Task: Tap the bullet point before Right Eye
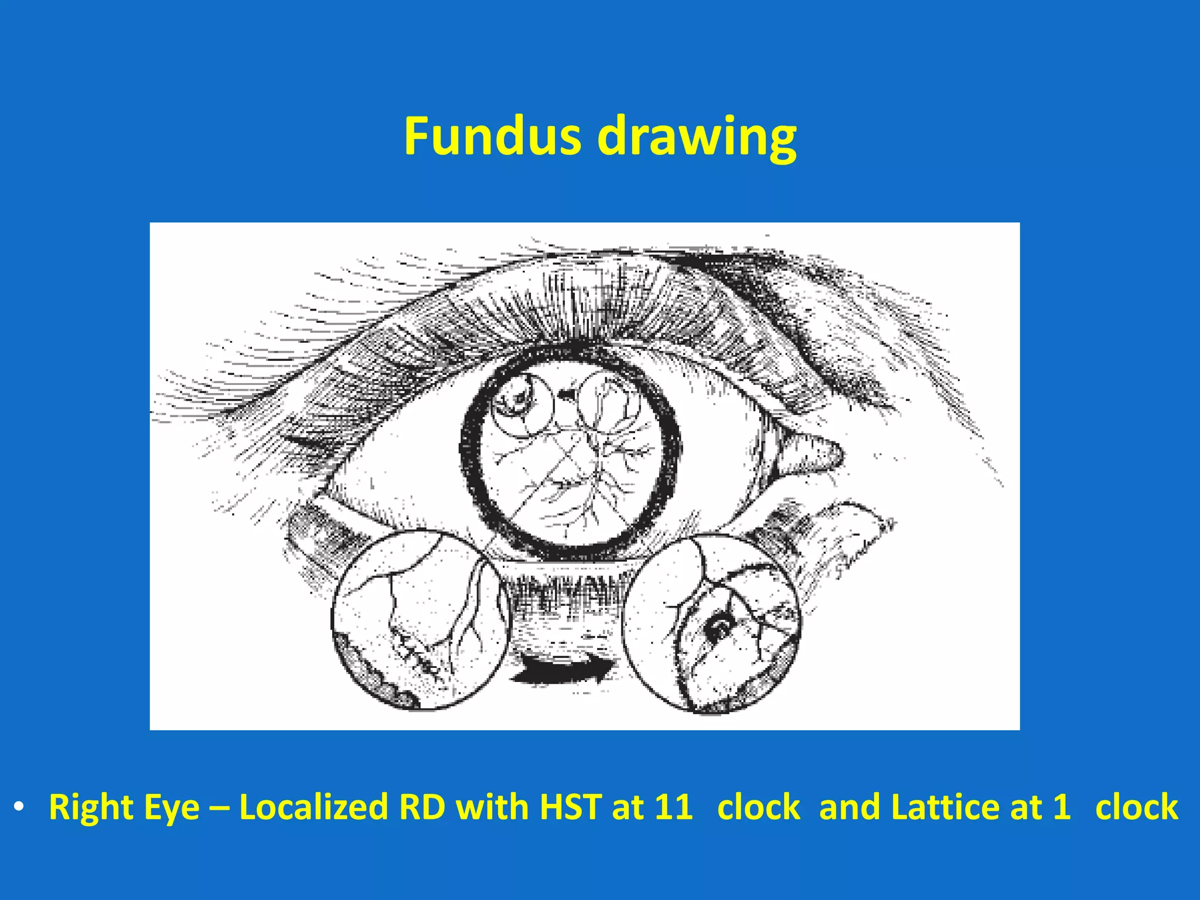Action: click(x=19, y=807)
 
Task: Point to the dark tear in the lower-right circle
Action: click(x=718, y=628)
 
